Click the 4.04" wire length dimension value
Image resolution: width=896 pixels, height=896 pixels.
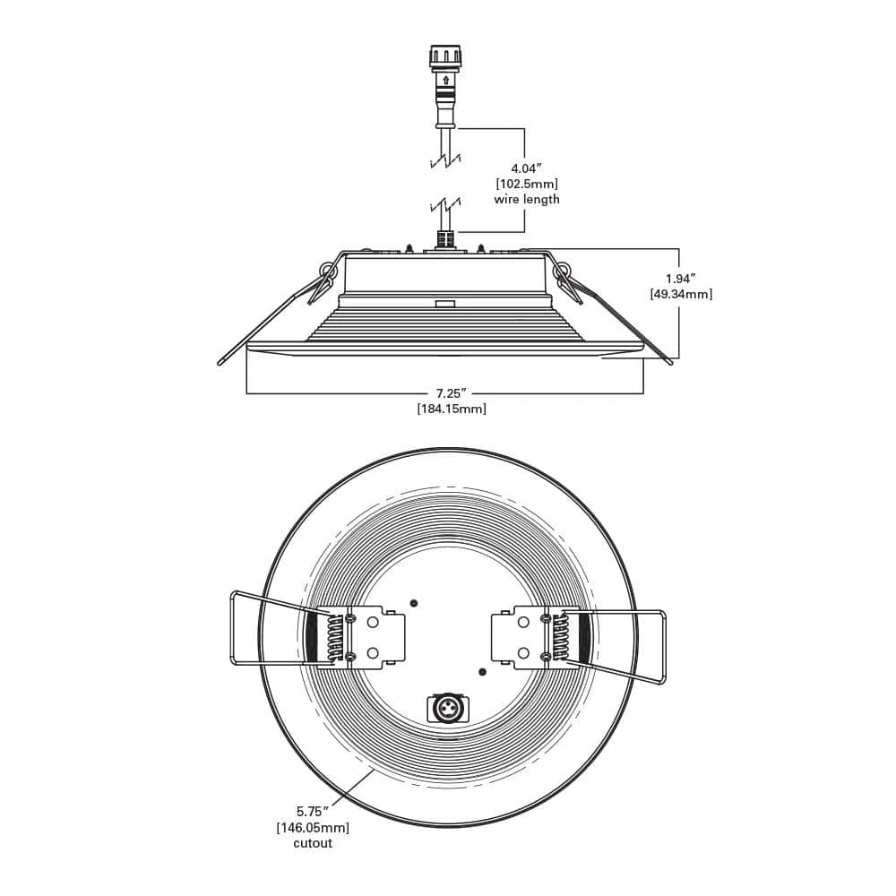pos(526,168)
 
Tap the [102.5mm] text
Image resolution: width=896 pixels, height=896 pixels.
pos(526,184)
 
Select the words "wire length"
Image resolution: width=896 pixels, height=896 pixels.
pos(527,199)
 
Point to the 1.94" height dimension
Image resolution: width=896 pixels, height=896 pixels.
pos(681,279)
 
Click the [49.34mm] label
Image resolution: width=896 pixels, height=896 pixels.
pos(681,294)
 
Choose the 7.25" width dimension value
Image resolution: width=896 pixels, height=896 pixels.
pos(452,393)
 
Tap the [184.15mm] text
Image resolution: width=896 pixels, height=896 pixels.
pos(452,409)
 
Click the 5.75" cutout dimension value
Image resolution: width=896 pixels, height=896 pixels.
pos(312,811)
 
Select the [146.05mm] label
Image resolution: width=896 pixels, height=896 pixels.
pos(313,827)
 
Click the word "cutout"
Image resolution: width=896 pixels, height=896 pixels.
pos(313,843)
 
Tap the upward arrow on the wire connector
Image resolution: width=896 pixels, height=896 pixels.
pos(445,80)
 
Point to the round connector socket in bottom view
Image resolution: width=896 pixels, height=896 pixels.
pos(446,709)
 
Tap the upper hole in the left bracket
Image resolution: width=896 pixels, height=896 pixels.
pos(373,623)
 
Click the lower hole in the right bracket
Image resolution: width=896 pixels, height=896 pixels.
pos(523,652)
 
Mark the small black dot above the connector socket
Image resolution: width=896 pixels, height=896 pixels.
pos(482,672)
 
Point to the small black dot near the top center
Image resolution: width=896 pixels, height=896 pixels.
pos(414,603)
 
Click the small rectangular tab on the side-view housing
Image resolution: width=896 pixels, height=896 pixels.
pos(444,304)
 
